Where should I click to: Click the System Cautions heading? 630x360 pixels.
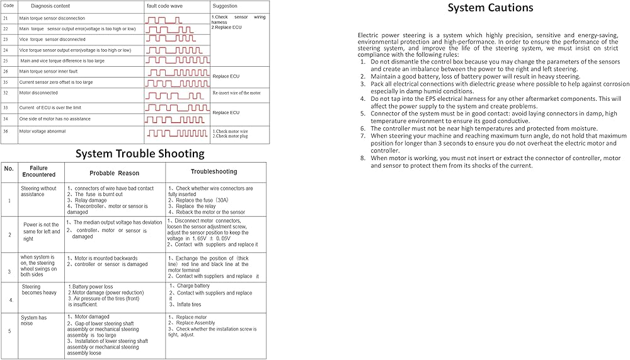pos(490,8)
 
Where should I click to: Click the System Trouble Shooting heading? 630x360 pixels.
pos(140,154)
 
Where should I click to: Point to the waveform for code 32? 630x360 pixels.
pos(169,95)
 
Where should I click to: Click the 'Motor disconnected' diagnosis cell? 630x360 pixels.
pos(38,93)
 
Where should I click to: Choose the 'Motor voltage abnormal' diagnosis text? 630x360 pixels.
pos(42,131)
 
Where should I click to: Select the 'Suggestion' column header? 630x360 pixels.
pos(225,6)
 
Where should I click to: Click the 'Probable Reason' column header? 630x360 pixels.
pos(114,173)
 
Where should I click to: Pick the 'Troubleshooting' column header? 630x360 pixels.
pos(214,171)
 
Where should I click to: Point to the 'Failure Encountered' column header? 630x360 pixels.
pos(38,171)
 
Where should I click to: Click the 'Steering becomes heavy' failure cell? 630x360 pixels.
pos(39,290)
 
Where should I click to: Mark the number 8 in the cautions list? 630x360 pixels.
pos(363,158)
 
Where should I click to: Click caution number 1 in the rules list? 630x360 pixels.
pos(363,62)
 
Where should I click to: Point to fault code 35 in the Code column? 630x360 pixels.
pos(6,82)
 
